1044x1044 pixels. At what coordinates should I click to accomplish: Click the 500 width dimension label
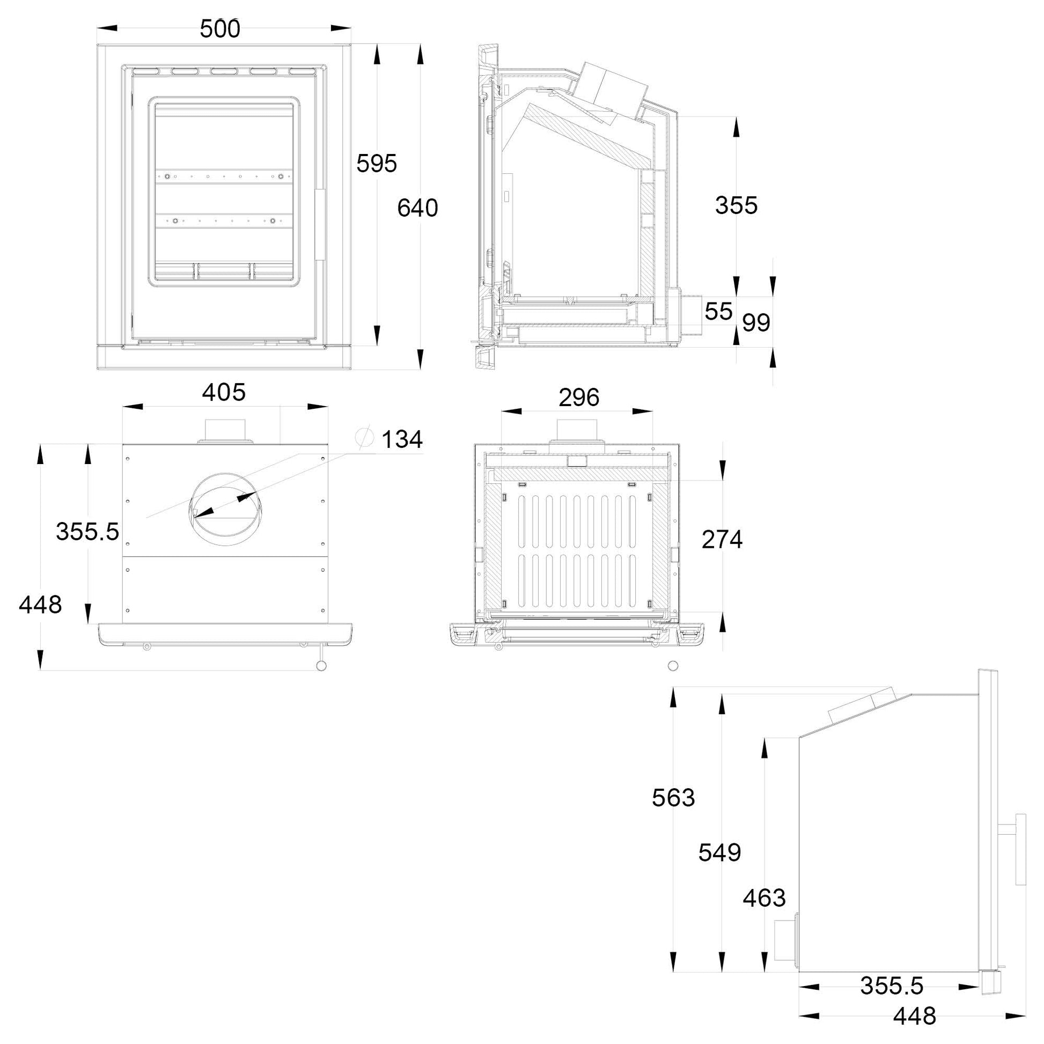point(220,28)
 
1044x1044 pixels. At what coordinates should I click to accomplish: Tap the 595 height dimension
point(377,163)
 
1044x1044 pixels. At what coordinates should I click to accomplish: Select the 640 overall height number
point(418,208)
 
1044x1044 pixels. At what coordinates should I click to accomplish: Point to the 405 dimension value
point(224,392)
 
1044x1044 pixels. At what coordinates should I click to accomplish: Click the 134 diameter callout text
point(402,439)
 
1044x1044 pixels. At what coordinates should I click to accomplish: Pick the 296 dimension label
point(579,398)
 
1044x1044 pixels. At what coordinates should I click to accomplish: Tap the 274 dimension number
point(722,539)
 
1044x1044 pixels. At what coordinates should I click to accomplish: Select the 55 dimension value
point(719,311)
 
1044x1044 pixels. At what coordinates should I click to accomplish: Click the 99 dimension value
point(756,322)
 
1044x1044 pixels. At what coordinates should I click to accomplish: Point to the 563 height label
point(673,798)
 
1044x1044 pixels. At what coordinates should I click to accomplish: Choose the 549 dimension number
point(720,852)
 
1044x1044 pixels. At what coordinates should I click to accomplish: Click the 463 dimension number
point(764,898)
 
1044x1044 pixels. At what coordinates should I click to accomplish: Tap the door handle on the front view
point(320,225)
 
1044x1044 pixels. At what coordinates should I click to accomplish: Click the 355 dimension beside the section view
point(737,205)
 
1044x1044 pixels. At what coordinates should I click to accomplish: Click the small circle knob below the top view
point(321,666)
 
